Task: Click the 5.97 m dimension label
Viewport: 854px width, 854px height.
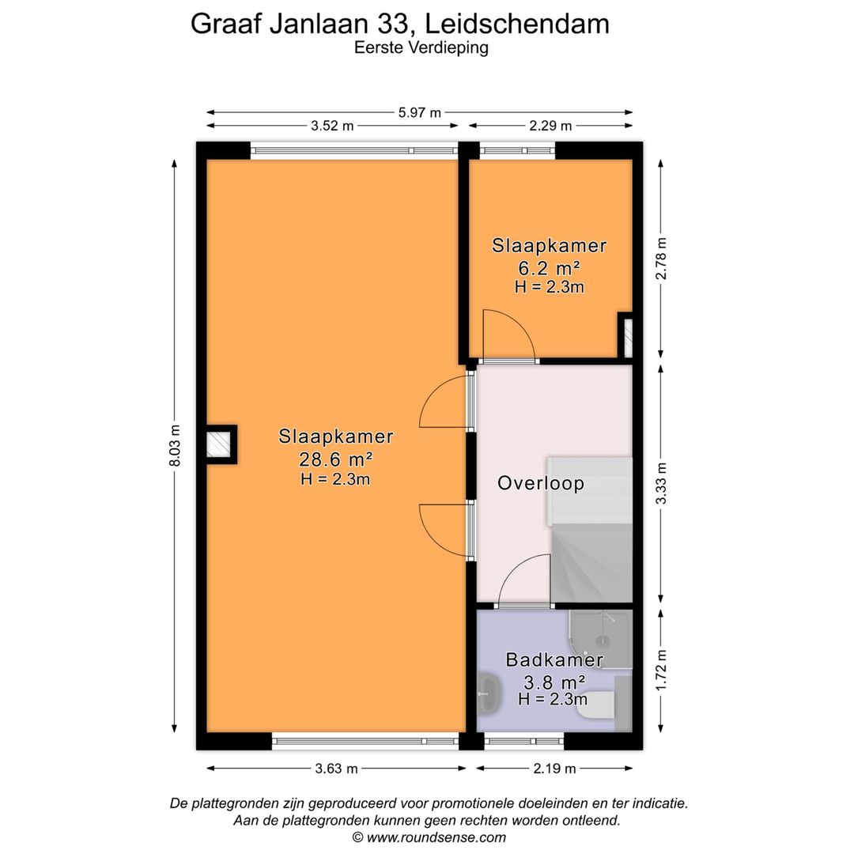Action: pyautogui.click(x=419, y=113)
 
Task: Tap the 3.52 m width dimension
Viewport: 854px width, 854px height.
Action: pyautogui.click(x=332, y=126)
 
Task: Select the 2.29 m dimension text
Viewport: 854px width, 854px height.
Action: pyautogui.click(x=551, y=126)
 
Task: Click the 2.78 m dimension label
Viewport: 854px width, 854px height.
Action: pyautogui.click(x=662, y=259)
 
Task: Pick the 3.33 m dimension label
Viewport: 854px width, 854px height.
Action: pyautogui.click(x=662, y=483)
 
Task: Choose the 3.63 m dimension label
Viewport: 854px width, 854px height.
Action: pyautogui.click(x=337, y=768)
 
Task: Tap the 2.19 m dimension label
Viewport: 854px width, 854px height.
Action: pyautogui.click(x=554, y=768)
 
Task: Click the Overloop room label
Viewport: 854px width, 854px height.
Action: pyautogui.click(x=541, y=483)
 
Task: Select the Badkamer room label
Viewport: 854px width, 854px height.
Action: pyautogui.click(x=555, y=659)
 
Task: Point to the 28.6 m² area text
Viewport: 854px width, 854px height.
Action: pyautogui.click(x=336, y=458)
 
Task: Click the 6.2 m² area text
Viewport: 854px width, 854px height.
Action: pyautogui.click(x=549, y=266)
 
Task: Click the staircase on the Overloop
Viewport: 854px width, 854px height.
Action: pyautogui.click(x=592, y=554)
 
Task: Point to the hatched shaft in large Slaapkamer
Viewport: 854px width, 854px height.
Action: pyautogui.click(x=220, y=444)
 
